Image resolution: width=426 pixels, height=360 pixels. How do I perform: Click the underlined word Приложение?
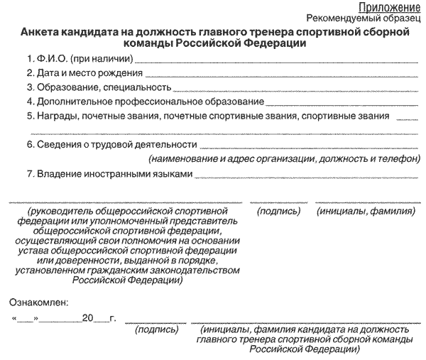tap(394, 6)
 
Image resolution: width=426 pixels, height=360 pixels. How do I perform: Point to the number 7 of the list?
tap(29, 174)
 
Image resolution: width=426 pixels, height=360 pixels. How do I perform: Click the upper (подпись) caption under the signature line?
tap(279, 212)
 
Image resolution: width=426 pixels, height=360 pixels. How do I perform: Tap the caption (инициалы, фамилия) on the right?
tap(366, 212)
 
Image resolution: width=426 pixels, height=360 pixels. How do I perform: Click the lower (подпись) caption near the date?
tap(156, 330)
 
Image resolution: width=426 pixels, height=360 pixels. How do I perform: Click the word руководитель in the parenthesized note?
tap(58, 212)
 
